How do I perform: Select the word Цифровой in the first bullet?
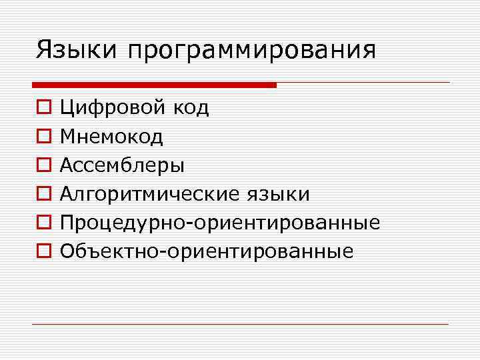[113, 108]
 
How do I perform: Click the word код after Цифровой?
[191, 107]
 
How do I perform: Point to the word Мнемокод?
[111, 137]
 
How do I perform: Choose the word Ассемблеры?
[123, 165]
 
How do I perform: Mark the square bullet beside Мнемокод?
[42, 137]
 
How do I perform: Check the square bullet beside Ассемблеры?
[42, 165]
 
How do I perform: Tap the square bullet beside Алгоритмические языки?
[42, 194]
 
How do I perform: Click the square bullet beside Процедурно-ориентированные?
[42, 223]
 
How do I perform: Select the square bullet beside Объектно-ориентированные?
[42, 251]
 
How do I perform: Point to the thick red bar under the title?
[154, 85]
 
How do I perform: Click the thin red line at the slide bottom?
[240, 325]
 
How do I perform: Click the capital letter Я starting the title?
[44, 49]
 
